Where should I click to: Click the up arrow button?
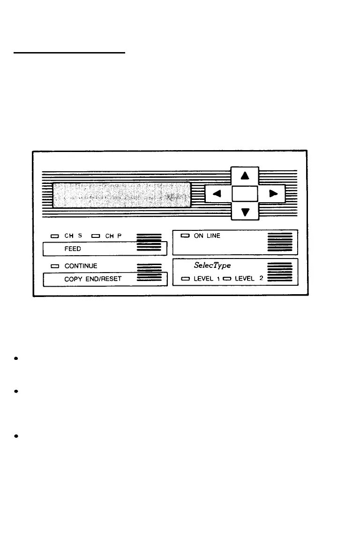pyautogui.click(x=245, y=176)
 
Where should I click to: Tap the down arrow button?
pyautogui.click(x=245, y=212)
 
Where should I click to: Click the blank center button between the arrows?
pyautogui.click(x=245, y=193)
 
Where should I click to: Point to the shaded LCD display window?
pyautogui.click(x=121, y=194)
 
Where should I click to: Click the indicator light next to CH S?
pyautogui.click(x=55, y=236)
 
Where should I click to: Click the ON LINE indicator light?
pyautogui.click(x=185, y=236)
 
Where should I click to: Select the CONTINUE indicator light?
pyautogui.click(x=55, y=266)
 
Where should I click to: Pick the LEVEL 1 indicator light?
pyautogui.click(x=186, y=279)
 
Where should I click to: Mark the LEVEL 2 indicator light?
pyautogui.click(x=227, y=279)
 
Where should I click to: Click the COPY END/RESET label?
pyautogui.click(x=93, y=279)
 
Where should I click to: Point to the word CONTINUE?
pyautogui.click(x=81, y=266)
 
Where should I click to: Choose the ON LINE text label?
pyautogui.click(x=207, y=236)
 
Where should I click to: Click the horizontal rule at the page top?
pyautogui.click(x=69, y=53)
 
